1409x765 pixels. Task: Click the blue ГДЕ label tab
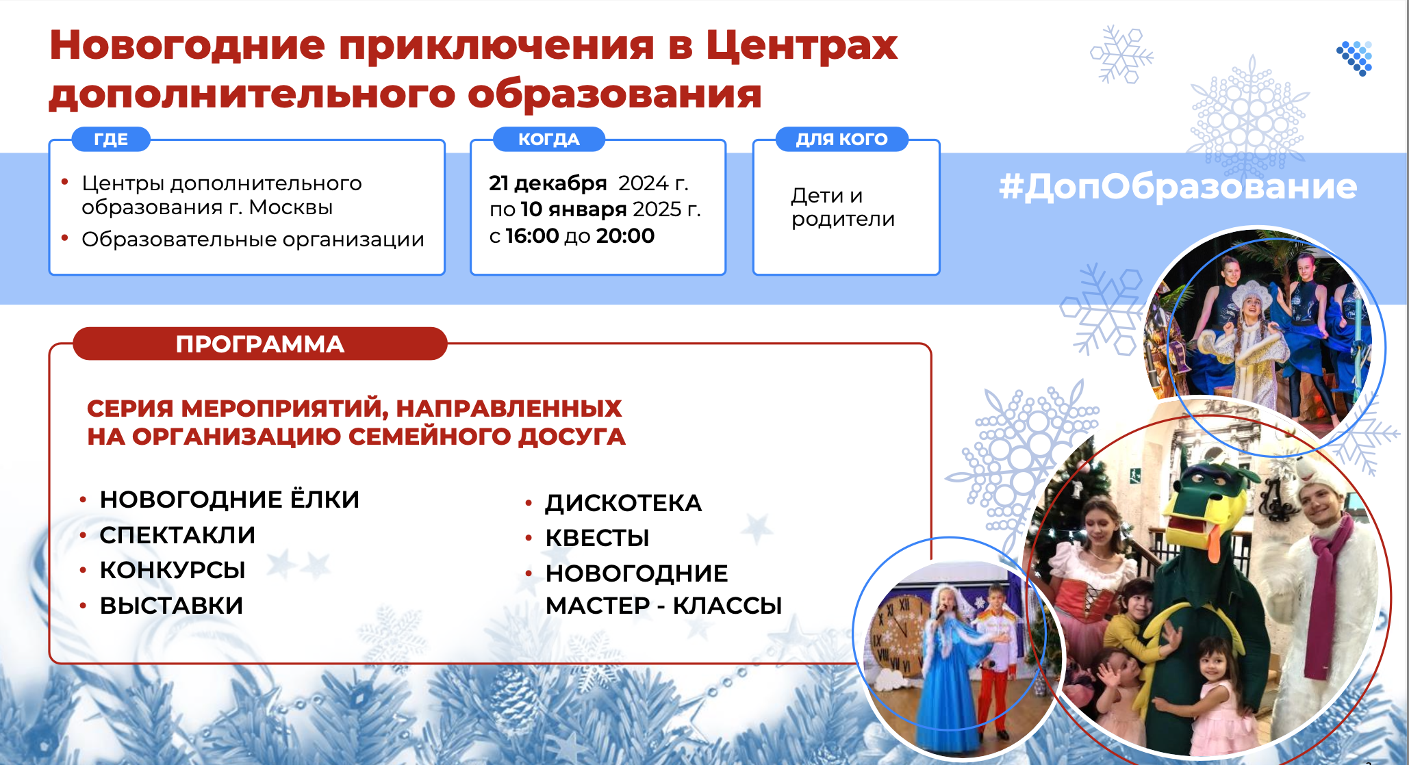(x=111, y=139)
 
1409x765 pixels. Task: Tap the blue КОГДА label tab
(x=549, y=139)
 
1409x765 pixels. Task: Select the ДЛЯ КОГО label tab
(x=841, y=139)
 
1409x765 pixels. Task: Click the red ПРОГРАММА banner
(x=260, y=343)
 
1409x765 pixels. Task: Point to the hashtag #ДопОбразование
(x=1178, y=186)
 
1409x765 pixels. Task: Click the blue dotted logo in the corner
(x=1355, y=58)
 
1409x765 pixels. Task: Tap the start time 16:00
(x=532, y=236)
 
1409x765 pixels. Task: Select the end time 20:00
(x=625, y=236)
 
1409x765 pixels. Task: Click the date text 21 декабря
(x=548, y=183)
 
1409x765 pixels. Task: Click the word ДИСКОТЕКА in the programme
(x=624, y=503)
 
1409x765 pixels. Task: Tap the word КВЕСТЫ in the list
(x=597, y=538)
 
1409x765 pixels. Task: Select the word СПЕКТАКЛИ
(x=177, y=535)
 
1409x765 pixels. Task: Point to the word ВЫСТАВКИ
(x=171, y=606)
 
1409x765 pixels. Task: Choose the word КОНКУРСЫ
(x=173, y=570)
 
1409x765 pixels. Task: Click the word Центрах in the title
(x=802, y=47)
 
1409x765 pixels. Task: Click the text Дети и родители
(x=843, y=207)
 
